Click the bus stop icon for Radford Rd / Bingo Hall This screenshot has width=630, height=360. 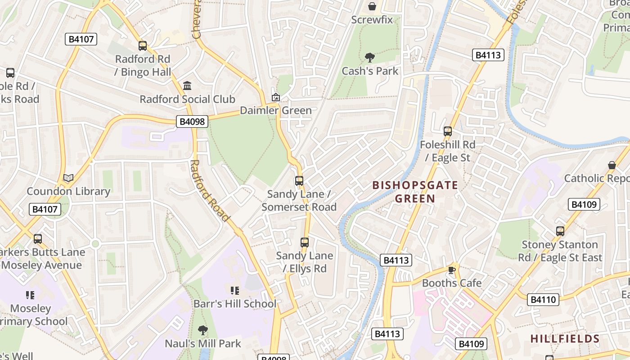pos(143,45)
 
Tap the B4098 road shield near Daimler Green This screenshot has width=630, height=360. pos(192,121)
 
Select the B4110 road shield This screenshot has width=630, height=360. pos(544,299)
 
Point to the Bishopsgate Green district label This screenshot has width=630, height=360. pos(415,192)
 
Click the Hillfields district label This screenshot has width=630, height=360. pos(565,339)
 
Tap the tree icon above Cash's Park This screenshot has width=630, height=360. pos(370,57)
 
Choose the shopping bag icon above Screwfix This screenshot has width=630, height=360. pos(372,6)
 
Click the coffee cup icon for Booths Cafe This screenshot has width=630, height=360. pos(452,270)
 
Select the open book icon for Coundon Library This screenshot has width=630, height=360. pos(68,178)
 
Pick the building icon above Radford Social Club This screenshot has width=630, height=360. pos(187,85)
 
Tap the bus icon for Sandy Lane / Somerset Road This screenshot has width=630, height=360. pos(299,181)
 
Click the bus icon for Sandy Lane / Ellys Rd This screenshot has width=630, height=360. pos(305,243)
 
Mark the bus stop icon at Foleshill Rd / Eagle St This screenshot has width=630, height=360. pos(448,131)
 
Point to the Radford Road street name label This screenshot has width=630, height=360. pos(210,191)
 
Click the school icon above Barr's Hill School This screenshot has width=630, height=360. pos(234,291)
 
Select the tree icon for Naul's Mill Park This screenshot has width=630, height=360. pos(203,330)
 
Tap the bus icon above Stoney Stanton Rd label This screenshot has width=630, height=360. pos(560,231)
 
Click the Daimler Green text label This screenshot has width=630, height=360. pos(275,111)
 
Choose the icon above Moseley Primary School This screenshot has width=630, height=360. pos(30,295)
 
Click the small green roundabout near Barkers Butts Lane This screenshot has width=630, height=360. pos(95,244)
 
